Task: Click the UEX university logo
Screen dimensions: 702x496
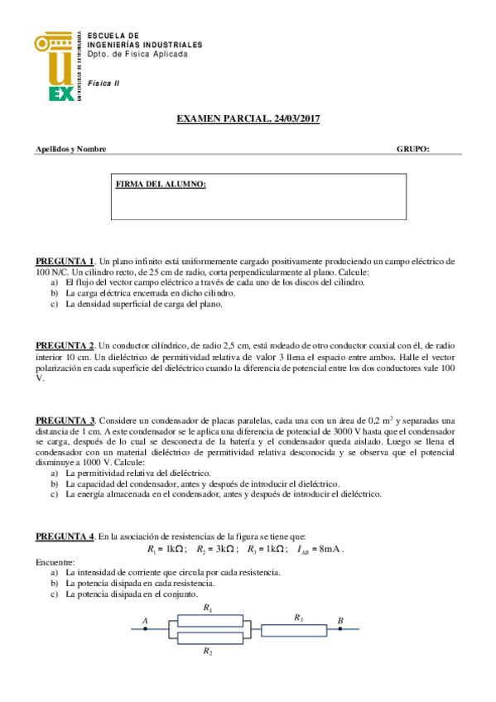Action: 56,66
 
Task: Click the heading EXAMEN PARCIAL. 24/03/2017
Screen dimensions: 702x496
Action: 248,119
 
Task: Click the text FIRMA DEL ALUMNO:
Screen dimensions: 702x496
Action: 161,184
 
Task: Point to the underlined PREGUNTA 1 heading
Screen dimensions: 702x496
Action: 65,261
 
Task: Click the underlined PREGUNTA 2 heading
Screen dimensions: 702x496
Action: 65,344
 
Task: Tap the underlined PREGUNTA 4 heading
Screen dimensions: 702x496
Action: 65,537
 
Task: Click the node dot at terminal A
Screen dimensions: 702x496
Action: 145,628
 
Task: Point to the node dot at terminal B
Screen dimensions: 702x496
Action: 339,628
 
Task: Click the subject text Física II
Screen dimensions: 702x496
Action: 104,84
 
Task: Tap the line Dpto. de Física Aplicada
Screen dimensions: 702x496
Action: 137,54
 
